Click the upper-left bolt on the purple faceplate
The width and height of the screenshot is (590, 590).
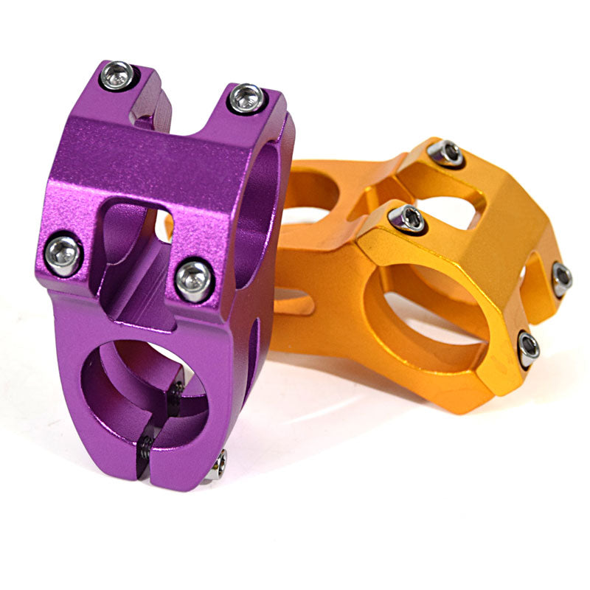118,75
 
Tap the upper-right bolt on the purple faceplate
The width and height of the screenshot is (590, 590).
246,98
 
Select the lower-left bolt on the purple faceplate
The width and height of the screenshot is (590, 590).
63,254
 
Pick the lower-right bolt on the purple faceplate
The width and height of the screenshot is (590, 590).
195,280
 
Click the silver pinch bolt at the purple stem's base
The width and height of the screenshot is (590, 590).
218,465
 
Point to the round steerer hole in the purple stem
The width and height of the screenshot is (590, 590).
140,391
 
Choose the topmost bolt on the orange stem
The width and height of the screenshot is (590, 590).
445,153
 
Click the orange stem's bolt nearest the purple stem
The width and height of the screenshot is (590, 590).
406,219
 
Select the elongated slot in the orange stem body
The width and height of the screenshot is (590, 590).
295,302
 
